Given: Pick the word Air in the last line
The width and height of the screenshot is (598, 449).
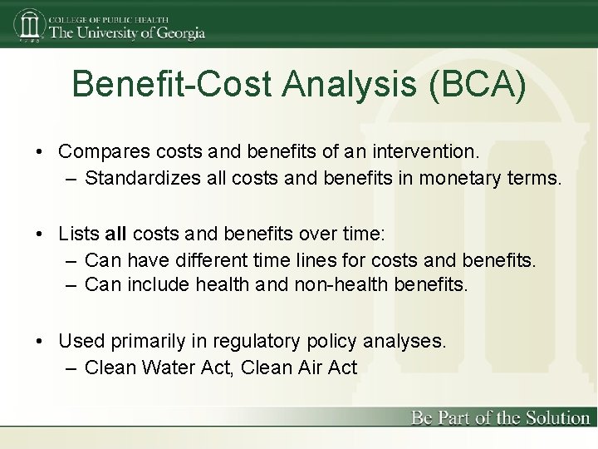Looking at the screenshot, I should tap(310, 367).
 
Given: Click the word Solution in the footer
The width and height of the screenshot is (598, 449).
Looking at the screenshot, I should tap(557, 418).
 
